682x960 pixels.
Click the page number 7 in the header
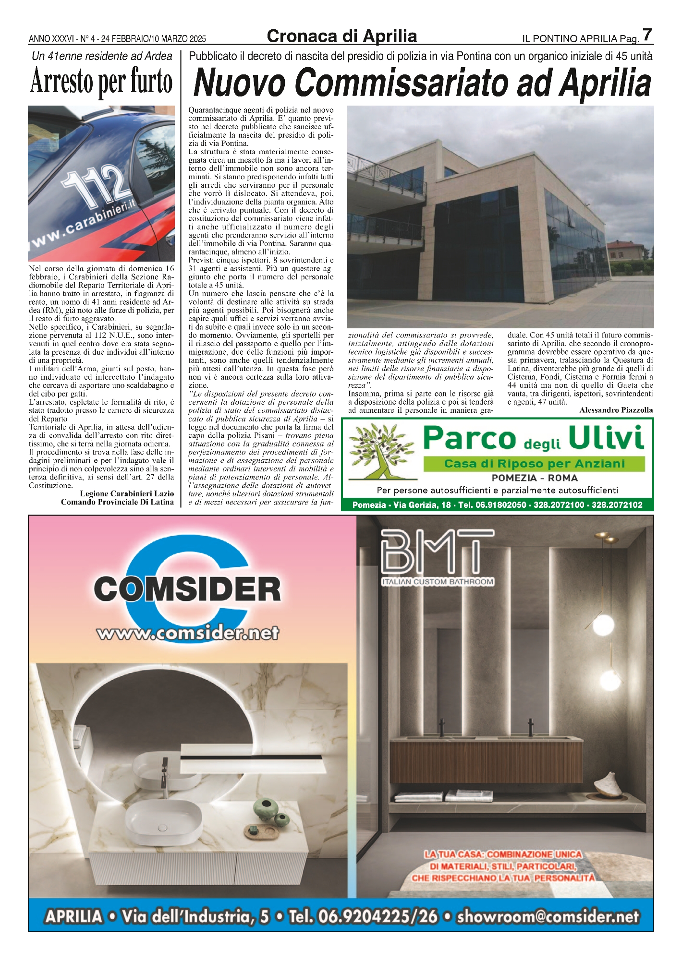[647, 35]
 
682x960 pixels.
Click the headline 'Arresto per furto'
[101, 82]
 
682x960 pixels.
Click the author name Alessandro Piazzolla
[616, 410]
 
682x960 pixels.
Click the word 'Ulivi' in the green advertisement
[606, 438]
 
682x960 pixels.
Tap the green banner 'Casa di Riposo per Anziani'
[534, 464]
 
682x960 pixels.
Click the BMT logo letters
[437, 552]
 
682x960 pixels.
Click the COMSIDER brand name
[187, 589]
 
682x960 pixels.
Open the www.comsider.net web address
[188, 633]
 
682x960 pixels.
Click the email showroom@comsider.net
[548, 916]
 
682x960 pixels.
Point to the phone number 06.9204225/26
[364, 916]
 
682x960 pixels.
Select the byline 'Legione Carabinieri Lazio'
[127, 493]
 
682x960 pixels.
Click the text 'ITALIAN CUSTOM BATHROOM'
[438, 582]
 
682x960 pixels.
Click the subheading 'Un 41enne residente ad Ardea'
[101, 56]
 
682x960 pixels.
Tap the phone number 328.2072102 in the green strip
[617, 505]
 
